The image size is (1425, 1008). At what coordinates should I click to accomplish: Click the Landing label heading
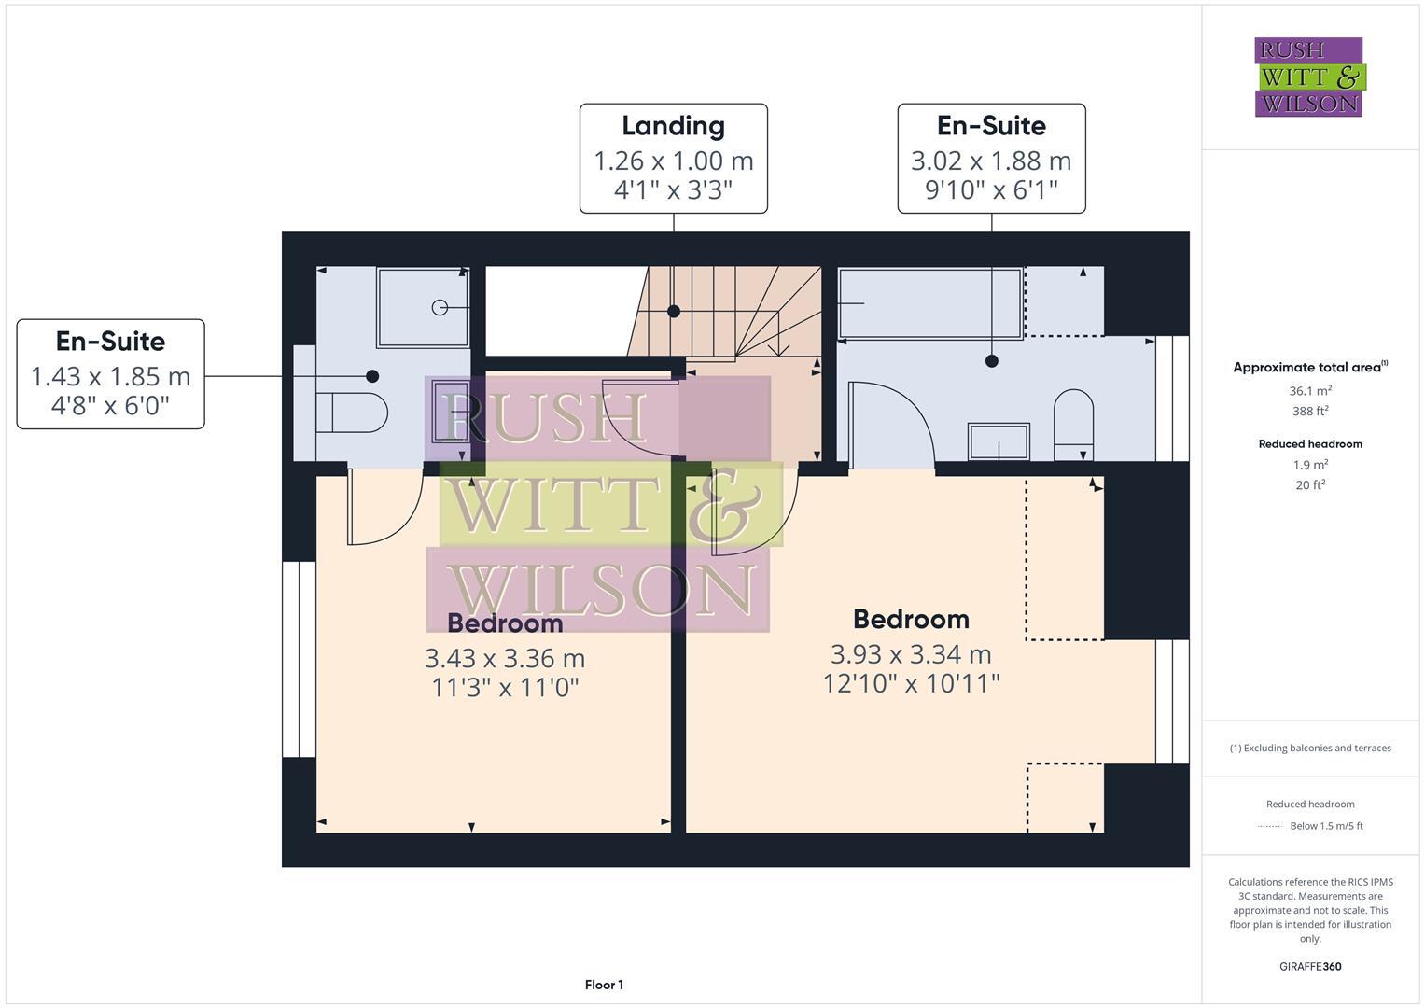[x=673, y=126]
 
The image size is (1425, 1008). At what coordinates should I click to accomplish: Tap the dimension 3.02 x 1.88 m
[x=991, y=161]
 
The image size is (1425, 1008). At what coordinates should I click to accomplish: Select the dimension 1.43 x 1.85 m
[x=110, y=376]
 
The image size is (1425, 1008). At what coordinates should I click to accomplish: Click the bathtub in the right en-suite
[x=929, y=303]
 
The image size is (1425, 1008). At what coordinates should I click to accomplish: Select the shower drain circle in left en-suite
[x=440, y=307]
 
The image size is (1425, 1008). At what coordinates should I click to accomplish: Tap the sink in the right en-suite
[x=999, y=441]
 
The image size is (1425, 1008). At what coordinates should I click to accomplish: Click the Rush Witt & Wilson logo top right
[x=1308, y=77]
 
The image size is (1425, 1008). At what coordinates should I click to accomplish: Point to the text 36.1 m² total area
[x=1310, y=391]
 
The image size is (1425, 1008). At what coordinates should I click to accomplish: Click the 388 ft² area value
[x=1310, y=411]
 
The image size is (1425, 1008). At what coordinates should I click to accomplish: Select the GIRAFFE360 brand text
[x=1310, y=966]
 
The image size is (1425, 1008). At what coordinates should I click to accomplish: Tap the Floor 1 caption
[x=604, y=985]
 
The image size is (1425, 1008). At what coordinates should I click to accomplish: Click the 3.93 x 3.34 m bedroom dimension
[x=911, y=653]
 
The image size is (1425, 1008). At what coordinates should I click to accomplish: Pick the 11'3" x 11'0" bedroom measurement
[x=505, y=688]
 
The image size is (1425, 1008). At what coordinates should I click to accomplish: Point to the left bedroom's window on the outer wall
[x=300, y=659]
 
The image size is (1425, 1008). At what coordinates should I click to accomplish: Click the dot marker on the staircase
[x=674, y=312]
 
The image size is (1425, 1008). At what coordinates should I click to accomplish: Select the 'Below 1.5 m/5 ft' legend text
[x=1326, y=826]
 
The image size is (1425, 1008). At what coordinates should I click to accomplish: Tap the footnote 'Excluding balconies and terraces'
[x=1310, y=748]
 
